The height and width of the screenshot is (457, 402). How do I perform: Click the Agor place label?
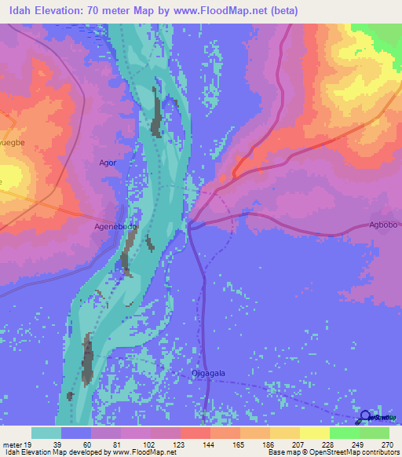tap(108, 163)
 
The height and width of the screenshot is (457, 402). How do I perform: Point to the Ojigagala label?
tap(208, 374)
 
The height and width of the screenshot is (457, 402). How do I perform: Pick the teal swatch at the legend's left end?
tap(46, 433)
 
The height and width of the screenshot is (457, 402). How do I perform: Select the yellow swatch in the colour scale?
tap(314, 433)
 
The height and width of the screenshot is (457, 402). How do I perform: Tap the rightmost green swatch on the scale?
tap(375, 433)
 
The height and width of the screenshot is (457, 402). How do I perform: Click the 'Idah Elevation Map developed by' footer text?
tap(55, 452)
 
